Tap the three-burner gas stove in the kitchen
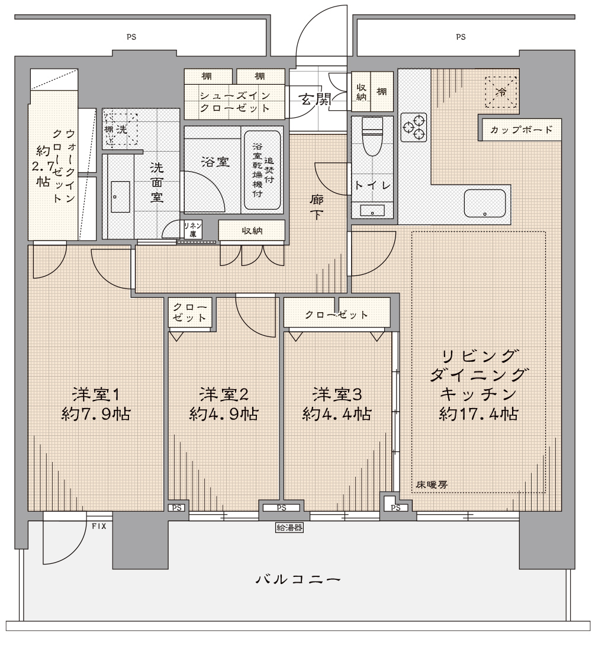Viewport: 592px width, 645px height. pos(414,127)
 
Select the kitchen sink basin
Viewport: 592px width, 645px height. pos(485,203)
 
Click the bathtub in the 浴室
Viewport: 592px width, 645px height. pos(263,170)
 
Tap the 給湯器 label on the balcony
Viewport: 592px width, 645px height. pos(289,527)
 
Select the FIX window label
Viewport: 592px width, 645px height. pos(99,526)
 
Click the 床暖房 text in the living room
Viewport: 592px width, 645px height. pos(431,484)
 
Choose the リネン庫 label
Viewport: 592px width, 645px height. pos(192,230)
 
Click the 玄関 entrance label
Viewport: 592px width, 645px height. pos(315,99)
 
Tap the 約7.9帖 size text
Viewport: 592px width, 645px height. pos(96,414)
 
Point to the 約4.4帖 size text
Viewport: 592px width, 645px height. pos(337,414)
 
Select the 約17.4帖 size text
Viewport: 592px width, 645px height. pos(478,414)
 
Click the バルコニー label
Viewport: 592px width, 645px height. pos(298,580)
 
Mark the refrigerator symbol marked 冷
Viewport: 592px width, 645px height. pos(501,92)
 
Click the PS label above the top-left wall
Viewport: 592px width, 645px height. pos(131,37)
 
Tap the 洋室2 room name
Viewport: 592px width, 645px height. pos(224,394)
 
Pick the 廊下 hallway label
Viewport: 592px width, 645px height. pos(316,207)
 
